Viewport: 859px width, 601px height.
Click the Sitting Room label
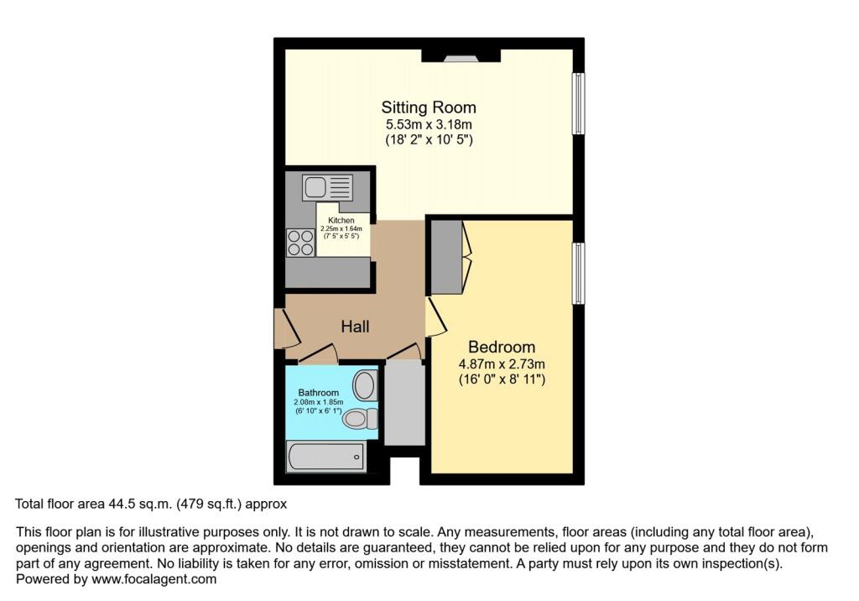[429, 107]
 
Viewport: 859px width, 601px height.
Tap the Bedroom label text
[502, 347]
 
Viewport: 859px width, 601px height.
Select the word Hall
[355, 327]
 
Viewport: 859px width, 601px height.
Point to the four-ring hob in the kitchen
[299, 242]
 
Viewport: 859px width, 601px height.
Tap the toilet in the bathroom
[358, 418]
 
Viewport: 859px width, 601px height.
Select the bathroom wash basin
[364, 386]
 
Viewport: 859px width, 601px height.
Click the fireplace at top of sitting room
[460, 57]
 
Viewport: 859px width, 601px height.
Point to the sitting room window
[578, 103]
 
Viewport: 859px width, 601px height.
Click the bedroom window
[578, 274]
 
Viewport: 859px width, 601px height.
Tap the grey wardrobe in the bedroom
[448, 256]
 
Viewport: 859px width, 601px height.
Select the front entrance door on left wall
[285, 328]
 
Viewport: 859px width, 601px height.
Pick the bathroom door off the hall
[318, 357]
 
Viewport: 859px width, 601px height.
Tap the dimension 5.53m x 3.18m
[429, 125]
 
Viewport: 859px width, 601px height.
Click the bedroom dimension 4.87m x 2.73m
[502, 364]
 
